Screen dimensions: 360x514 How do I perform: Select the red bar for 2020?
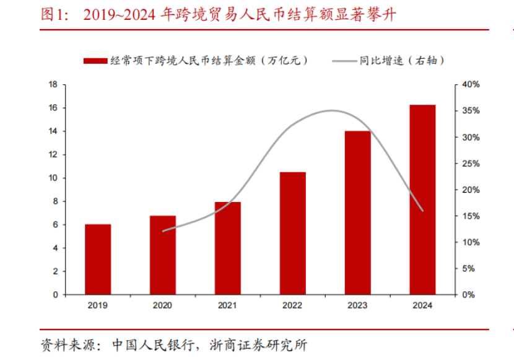(163, 255)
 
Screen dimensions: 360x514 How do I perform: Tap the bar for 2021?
(228, 248)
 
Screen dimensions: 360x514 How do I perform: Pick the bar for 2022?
(292, 233)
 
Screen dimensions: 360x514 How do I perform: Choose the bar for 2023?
(357, 213)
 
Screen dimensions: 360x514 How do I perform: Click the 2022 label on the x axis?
(292, 305)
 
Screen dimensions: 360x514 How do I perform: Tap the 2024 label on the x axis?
(422, 305)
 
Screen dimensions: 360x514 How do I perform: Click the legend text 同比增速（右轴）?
(401, 61)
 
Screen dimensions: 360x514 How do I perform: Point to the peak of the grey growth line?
(332, 111)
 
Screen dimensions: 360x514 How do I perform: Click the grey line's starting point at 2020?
(163, 231)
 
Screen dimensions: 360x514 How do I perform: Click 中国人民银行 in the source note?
(153, 345)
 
